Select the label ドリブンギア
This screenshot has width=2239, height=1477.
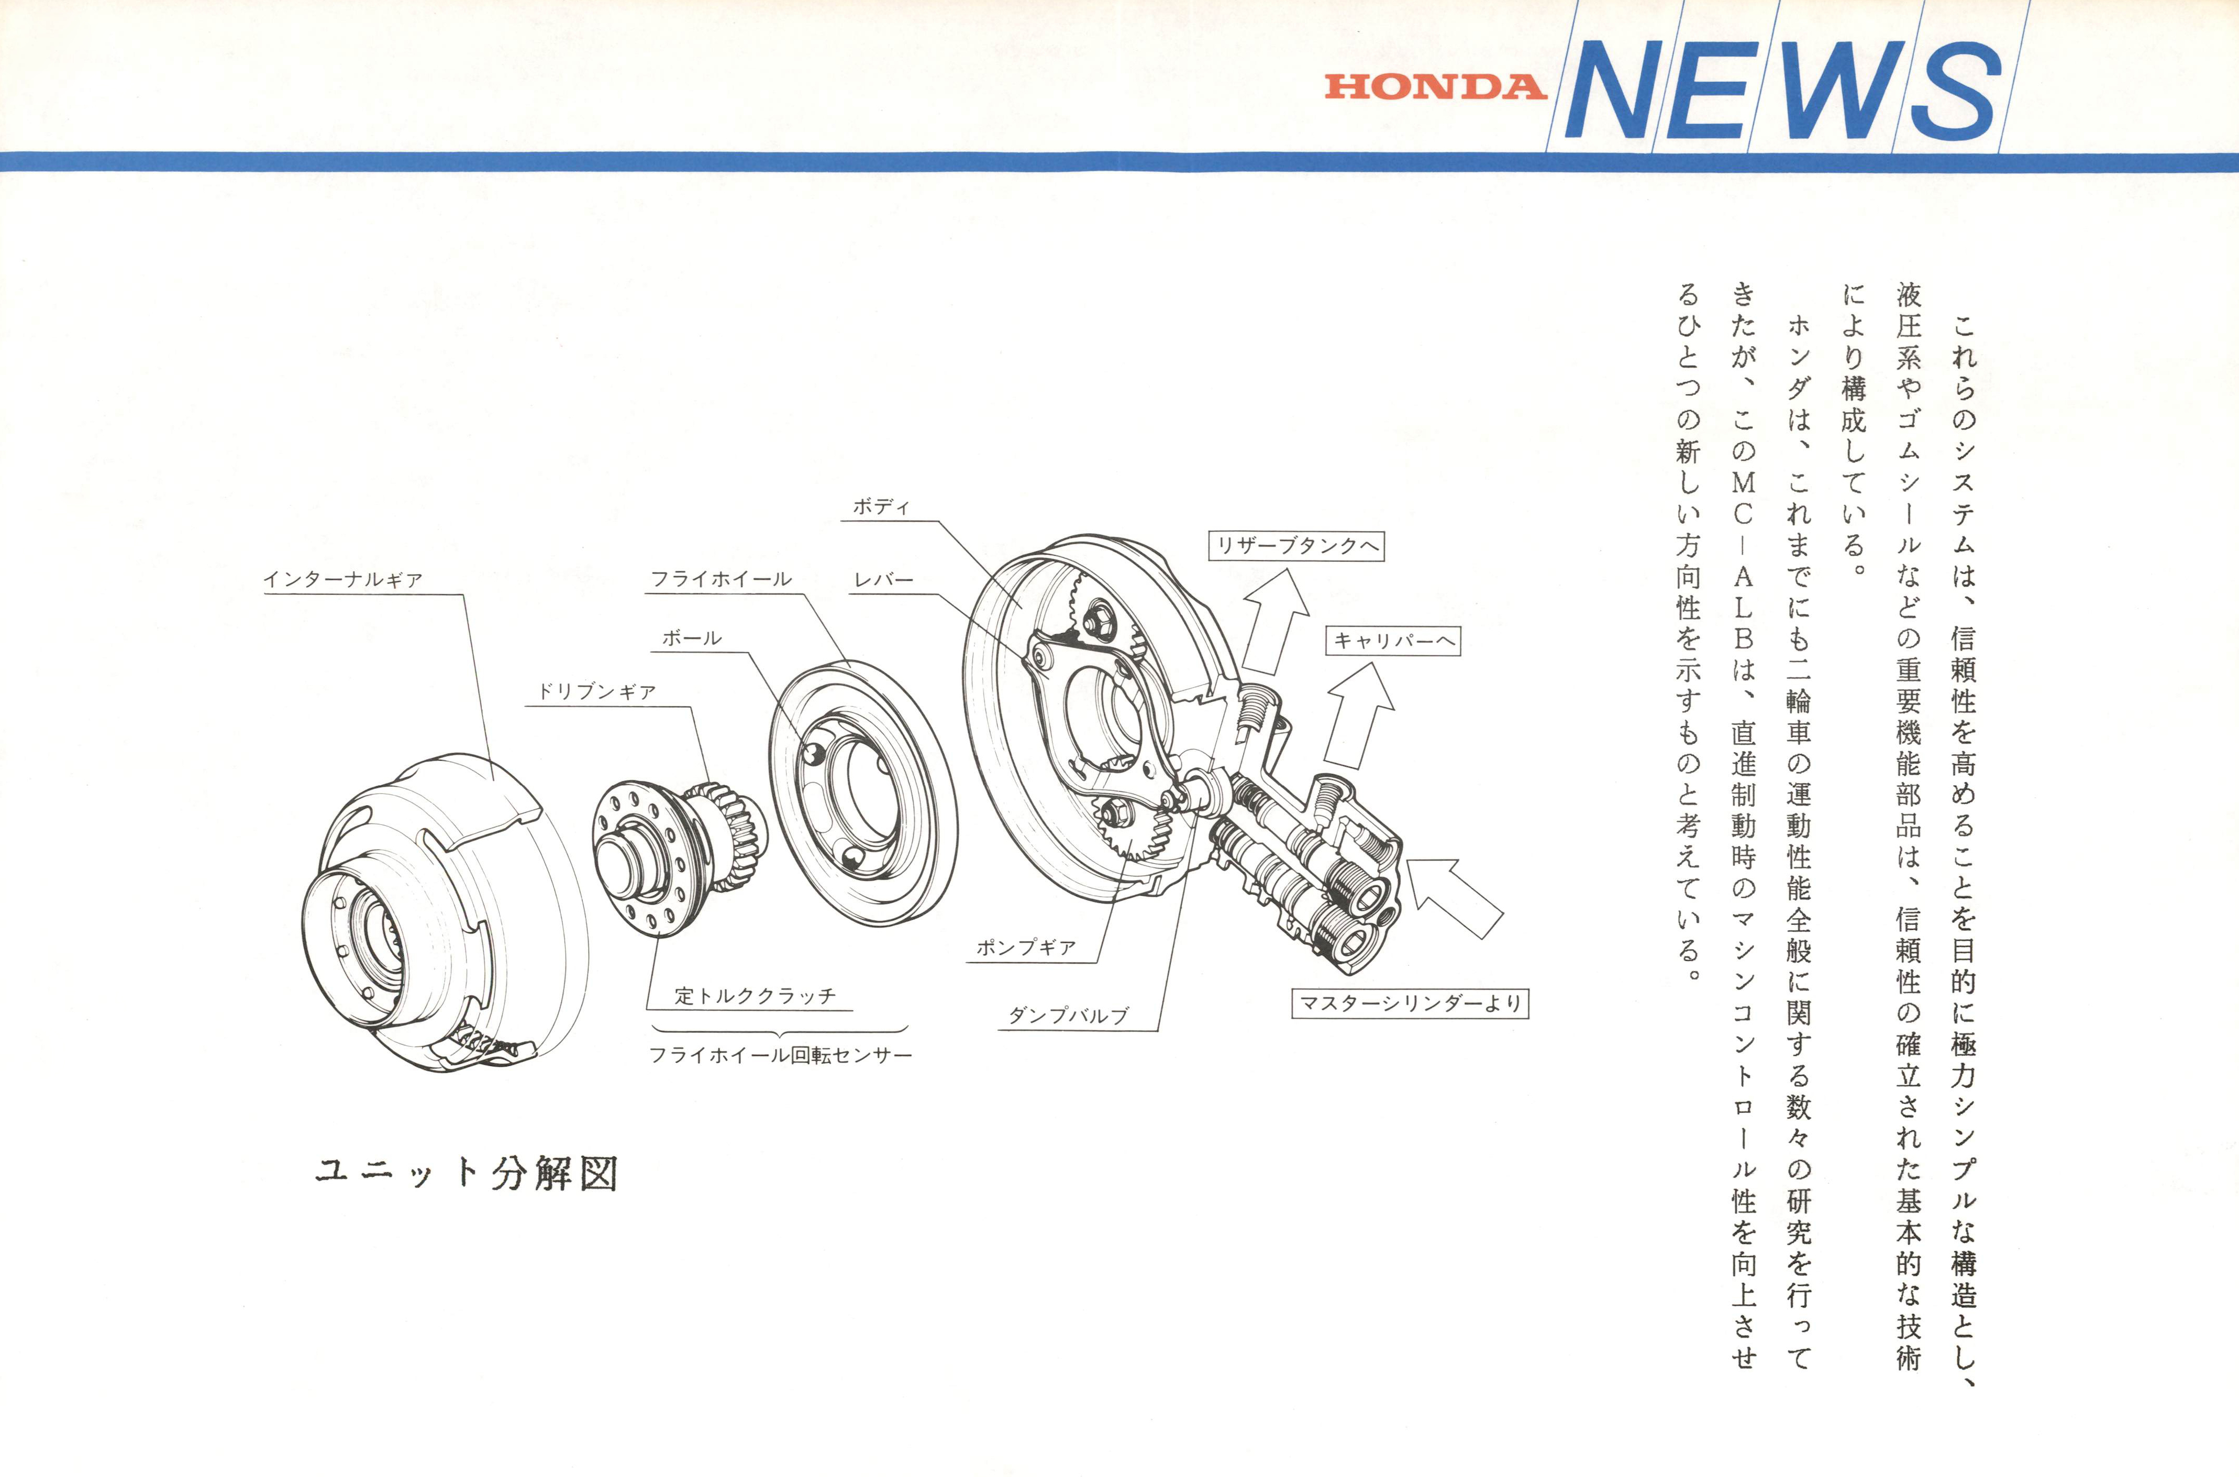click(596, 691)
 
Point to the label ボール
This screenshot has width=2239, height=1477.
click(692, 638)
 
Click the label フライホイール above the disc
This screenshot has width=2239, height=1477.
click(721, 578)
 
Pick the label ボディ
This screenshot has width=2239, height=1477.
click(881, 507)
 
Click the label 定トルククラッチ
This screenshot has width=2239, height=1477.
click(755, 996)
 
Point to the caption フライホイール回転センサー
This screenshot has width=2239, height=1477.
click(781, 1055)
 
